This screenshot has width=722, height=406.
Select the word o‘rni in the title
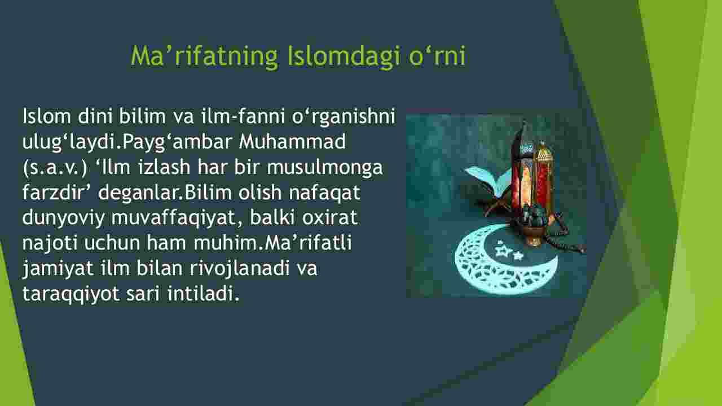pyautogui.click(x=437, y=56)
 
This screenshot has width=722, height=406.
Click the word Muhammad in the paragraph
pyautogui.click(x=292, y=141)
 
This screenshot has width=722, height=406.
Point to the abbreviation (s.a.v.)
pyautogui.click(x=55, y=168)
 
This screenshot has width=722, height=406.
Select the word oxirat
pyautogui.click(x=330, y=217)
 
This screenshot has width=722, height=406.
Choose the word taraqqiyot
pyautogui.click(x=71, y=294)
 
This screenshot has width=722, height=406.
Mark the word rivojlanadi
pyautogui.click(x=240, y=269)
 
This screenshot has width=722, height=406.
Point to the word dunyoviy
pyautogui.click(x=63, y=218)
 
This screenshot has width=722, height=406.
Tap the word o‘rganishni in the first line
pyautogui.click(x=344, y=116)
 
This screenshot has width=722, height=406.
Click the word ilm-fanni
pyautogui.click(x=243, y=116)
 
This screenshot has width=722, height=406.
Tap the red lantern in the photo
pyautogui.click(x=532, y=184)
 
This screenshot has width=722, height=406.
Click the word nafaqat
pyautogui.click(x=324, y=193)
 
